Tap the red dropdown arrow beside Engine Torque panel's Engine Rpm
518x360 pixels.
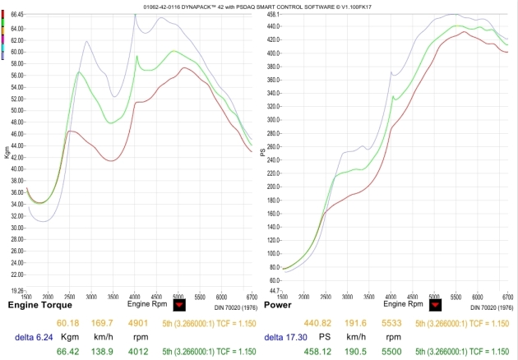click(180, 305)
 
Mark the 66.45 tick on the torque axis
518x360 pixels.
click(17, 15)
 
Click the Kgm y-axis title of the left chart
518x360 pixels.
click(7, 153)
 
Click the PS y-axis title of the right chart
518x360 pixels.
click(264, 154)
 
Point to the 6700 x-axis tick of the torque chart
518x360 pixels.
click(251, 295)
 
